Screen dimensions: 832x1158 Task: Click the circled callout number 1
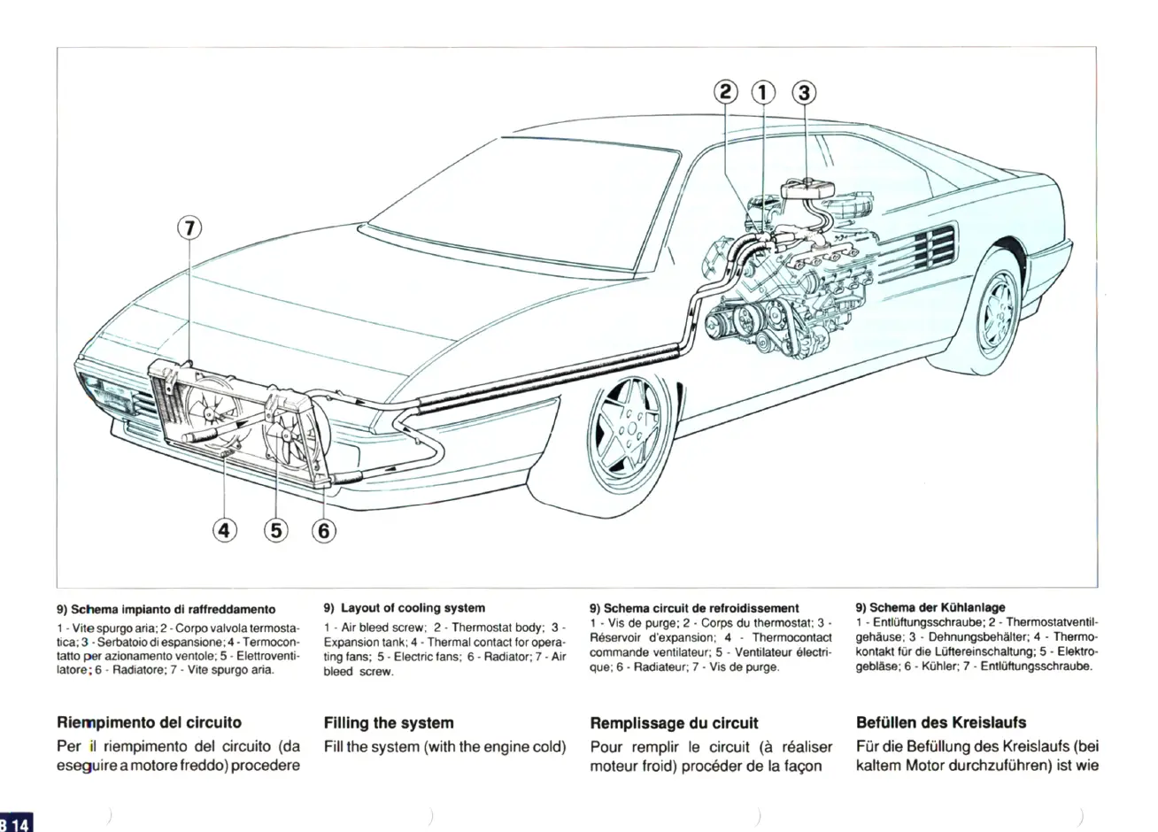762,92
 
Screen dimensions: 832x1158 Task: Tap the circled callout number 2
725,92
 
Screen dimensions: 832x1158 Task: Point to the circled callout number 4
226,530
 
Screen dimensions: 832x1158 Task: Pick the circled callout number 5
276,530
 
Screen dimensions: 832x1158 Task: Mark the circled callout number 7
189,227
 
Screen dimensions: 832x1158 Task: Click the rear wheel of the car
999,305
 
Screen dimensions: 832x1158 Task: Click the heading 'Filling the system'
389,723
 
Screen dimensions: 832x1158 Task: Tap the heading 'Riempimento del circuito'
149,723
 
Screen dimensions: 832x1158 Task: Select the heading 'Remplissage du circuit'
674,723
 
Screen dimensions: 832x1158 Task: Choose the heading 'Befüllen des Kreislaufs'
941,723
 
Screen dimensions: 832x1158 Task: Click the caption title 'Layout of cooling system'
413,608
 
